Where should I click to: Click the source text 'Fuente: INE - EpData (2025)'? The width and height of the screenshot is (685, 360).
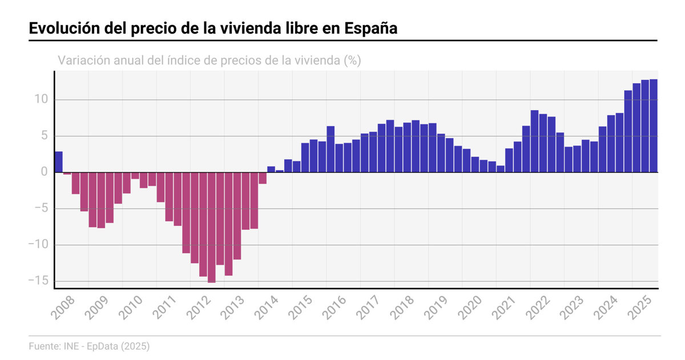(x=89, y=346)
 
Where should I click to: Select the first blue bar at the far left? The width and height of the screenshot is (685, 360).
(x=58, y=162)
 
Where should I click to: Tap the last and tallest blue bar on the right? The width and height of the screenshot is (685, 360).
(x=654, y=126)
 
